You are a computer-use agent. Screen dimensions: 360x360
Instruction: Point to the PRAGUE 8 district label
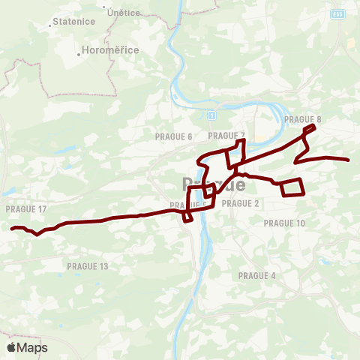pyautogui.click(x=303, y=119)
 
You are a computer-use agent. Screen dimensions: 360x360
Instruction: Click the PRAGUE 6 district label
pyautogui.click(x=174, y=136)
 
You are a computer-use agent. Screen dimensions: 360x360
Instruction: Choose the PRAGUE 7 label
pyautogui.click(x=226, y=136)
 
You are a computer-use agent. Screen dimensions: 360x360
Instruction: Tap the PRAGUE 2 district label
pyautogui.click(x=241, y=203)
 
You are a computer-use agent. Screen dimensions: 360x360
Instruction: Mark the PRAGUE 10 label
pyautogui.click(x=284, y=223)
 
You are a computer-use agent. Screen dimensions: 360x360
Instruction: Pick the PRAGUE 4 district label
pyautogui.click(x=257, y=276)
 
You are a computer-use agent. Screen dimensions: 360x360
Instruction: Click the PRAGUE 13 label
pyautogui.click(x=88, y=266)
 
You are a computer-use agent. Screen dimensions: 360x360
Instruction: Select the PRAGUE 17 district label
pyautogui.click(x=25, y=208)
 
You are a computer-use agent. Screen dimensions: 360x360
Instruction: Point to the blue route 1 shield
pyautogui.click(x=212, y=115)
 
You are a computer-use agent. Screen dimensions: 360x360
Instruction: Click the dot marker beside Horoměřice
pyautogui.click(x=79, y=53)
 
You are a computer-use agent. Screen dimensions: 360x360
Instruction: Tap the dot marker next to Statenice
pyautogui.click(x=50, y=23)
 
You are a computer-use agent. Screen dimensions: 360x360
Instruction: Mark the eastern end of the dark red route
pyautogui.click(x=349, y=160)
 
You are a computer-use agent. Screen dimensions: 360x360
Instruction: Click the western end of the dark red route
pyautogui.click(x=12, y=228)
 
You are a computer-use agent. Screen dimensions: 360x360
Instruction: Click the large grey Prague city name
pyautogui.click(x=213, y=184)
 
